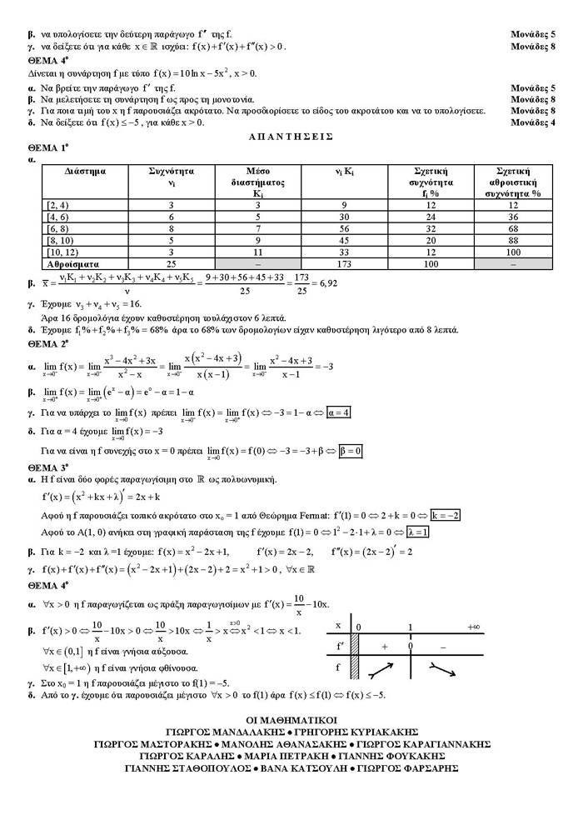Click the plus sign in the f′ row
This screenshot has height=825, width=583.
[x=385, y=646]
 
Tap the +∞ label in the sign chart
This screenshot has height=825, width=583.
[x=474, y=626]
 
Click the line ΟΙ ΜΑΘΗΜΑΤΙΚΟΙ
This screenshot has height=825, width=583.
[x=291, y=718]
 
